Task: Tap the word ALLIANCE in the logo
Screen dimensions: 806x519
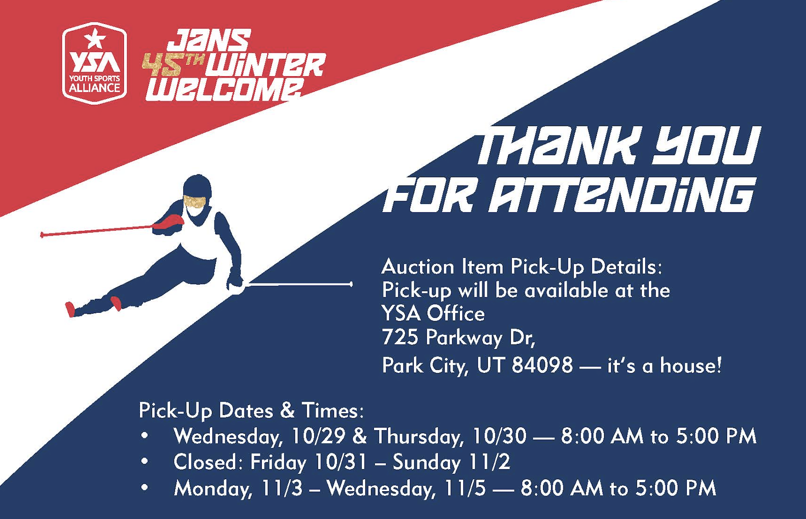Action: tap(94, 88)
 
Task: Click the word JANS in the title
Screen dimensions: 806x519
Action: tap(209, 40)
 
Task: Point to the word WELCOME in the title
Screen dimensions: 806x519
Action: tap(224, 90)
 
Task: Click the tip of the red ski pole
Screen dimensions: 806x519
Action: tap(42, 235)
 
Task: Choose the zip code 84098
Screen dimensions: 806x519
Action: tap(542, 365)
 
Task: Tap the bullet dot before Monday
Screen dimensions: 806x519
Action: tap(145, 488)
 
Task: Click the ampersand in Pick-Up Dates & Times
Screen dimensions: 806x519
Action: tap(287, 410)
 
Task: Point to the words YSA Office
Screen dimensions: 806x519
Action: tap(433, 313)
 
